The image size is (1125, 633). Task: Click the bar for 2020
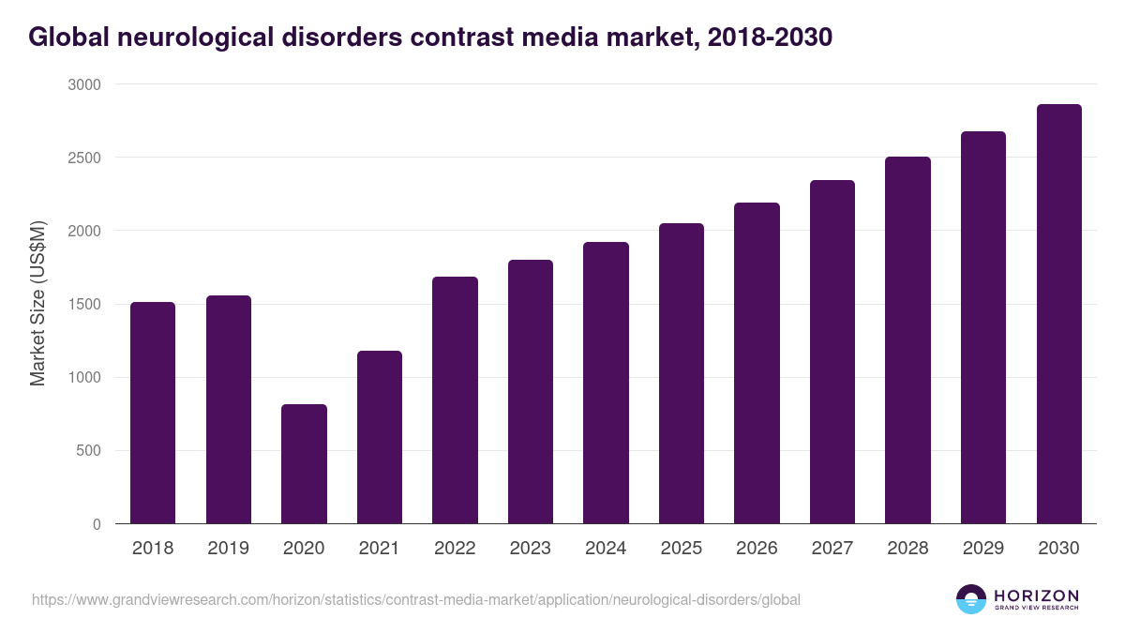coord(304,464)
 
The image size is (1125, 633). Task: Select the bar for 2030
coord(1058,314)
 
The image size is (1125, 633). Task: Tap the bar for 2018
coord(153,413)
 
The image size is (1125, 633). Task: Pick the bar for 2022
coord(455,400)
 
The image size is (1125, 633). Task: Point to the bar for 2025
coord(682,373)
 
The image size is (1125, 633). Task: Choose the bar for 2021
coord(380,437)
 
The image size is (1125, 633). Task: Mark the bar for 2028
coord(907,340)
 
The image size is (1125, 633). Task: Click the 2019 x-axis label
coord(229,549)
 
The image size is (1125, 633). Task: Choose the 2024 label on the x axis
coord(606,549)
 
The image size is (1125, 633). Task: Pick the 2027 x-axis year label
coord(832,549)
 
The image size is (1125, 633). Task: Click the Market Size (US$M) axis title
coord(37,304)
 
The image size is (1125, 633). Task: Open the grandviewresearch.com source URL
coord(415,599)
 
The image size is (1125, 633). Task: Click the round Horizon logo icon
coord(971,599)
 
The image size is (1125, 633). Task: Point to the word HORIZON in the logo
coord(1036,595)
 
